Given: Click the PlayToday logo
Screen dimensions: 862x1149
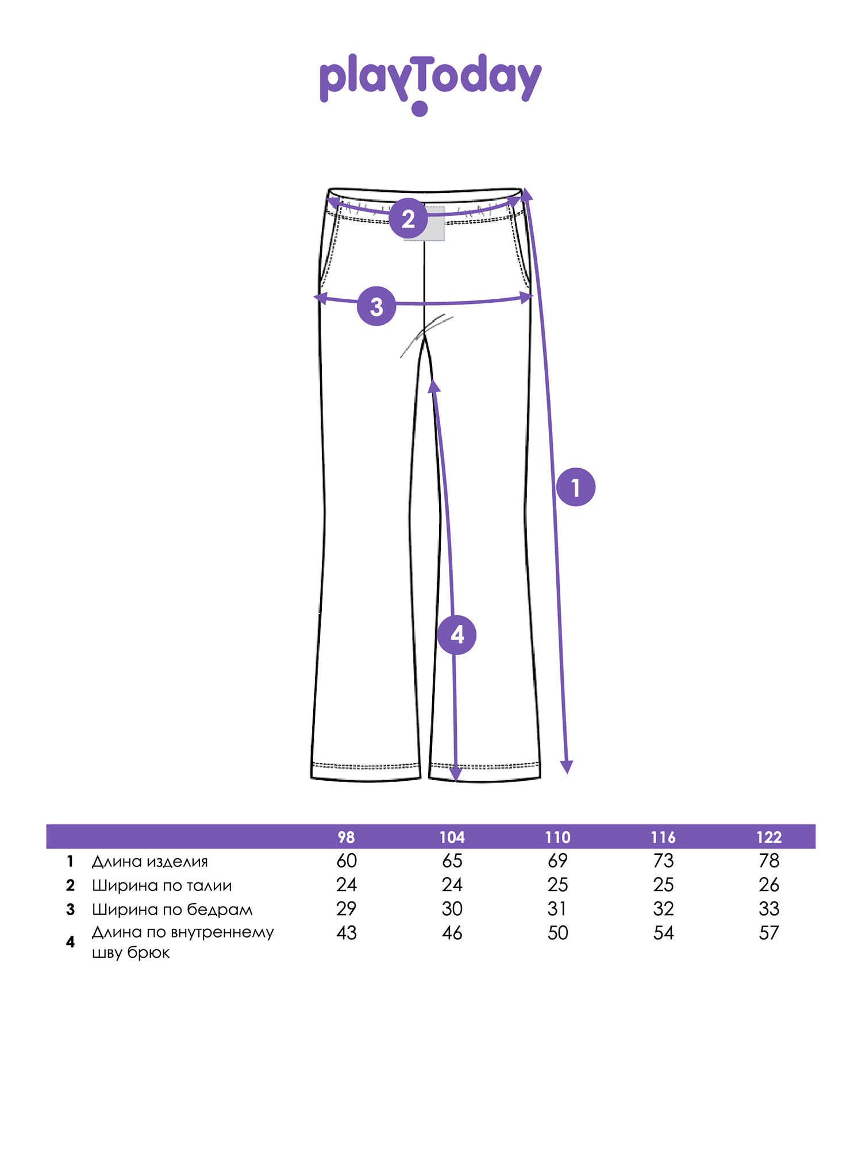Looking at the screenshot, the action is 430,84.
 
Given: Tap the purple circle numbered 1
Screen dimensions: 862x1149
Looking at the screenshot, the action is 576,487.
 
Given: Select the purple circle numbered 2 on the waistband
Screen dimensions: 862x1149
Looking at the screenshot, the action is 409,218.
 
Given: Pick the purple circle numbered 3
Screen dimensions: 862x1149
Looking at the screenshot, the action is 376,306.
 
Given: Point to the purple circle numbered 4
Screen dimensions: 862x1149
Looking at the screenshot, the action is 457,635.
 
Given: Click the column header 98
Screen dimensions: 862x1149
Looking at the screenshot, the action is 346,837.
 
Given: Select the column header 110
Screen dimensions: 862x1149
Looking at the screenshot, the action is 557,837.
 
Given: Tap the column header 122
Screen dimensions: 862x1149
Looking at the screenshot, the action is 769,837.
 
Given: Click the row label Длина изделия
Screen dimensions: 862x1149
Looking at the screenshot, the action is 150,861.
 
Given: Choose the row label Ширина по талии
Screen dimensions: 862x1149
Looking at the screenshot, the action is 162,885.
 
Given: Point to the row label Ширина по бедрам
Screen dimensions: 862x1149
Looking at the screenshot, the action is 172,909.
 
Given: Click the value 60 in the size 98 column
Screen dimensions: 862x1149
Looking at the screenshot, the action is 347,861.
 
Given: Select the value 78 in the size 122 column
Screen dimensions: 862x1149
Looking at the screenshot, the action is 769,861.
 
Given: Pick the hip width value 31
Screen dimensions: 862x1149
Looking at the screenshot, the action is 557,909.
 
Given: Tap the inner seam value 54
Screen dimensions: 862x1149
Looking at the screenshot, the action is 663,933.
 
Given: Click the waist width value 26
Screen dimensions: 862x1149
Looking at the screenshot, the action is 769,885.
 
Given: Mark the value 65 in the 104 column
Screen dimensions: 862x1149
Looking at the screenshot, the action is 452,861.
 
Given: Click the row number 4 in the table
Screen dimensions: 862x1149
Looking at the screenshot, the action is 70,942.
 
